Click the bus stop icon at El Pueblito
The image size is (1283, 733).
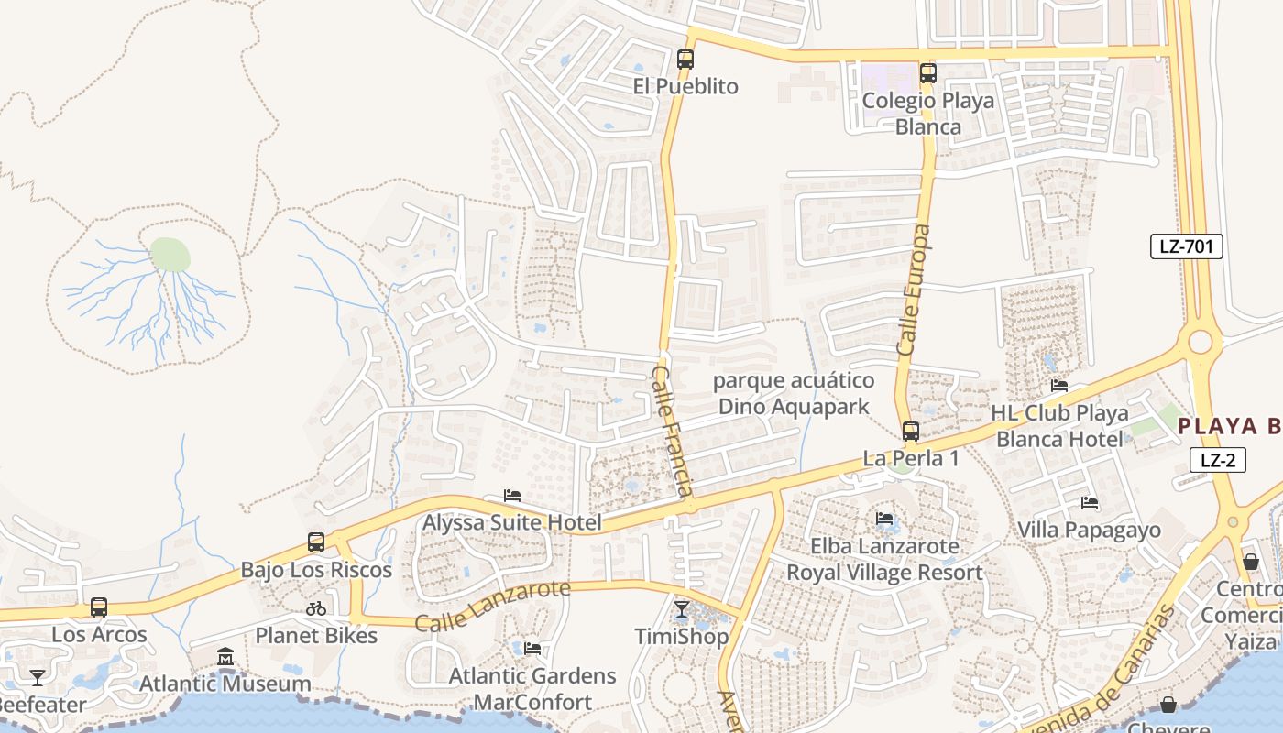(685, 60)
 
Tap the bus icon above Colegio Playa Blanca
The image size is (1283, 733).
(927, 73)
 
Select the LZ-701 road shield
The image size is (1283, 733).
(1187, 246)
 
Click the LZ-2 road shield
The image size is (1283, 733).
(1217, 460)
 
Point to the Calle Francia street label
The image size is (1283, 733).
(672, 431)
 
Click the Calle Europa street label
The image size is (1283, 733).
(914, 290)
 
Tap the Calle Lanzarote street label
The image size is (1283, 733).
(492, 607)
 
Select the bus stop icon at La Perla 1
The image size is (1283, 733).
(910, 431)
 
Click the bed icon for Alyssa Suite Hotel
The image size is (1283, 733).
(512, 496)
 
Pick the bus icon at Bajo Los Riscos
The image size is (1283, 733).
(316, 542)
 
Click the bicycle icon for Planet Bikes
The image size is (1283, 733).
(316, 607)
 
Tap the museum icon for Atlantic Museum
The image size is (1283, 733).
(225, 656)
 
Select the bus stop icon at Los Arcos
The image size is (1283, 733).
(99, 607)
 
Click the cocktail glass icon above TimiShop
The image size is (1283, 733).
(681, 608)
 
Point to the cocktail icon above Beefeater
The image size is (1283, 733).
(37, 677)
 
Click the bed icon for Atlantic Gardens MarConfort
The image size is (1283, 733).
(532, 649)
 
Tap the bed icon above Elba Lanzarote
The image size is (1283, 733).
(884, 519)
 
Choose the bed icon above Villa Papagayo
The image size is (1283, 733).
(1089, 503)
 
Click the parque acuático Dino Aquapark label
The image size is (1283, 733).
(794, 393)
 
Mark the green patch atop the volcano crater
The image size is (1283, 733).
(170, 255)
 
